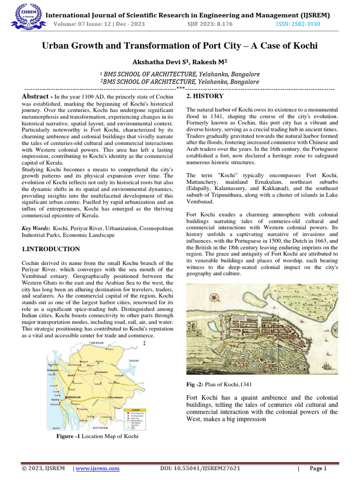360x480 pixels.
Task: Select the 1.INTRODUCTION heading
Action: click(51, 249)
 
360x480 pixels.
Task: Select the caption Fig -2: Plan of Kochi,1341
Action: click(215, 385)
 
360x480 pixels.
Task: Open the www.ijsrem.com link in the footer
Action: click(97, 468)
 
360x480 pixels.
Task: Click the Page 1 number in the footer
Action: click(317, 468)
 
